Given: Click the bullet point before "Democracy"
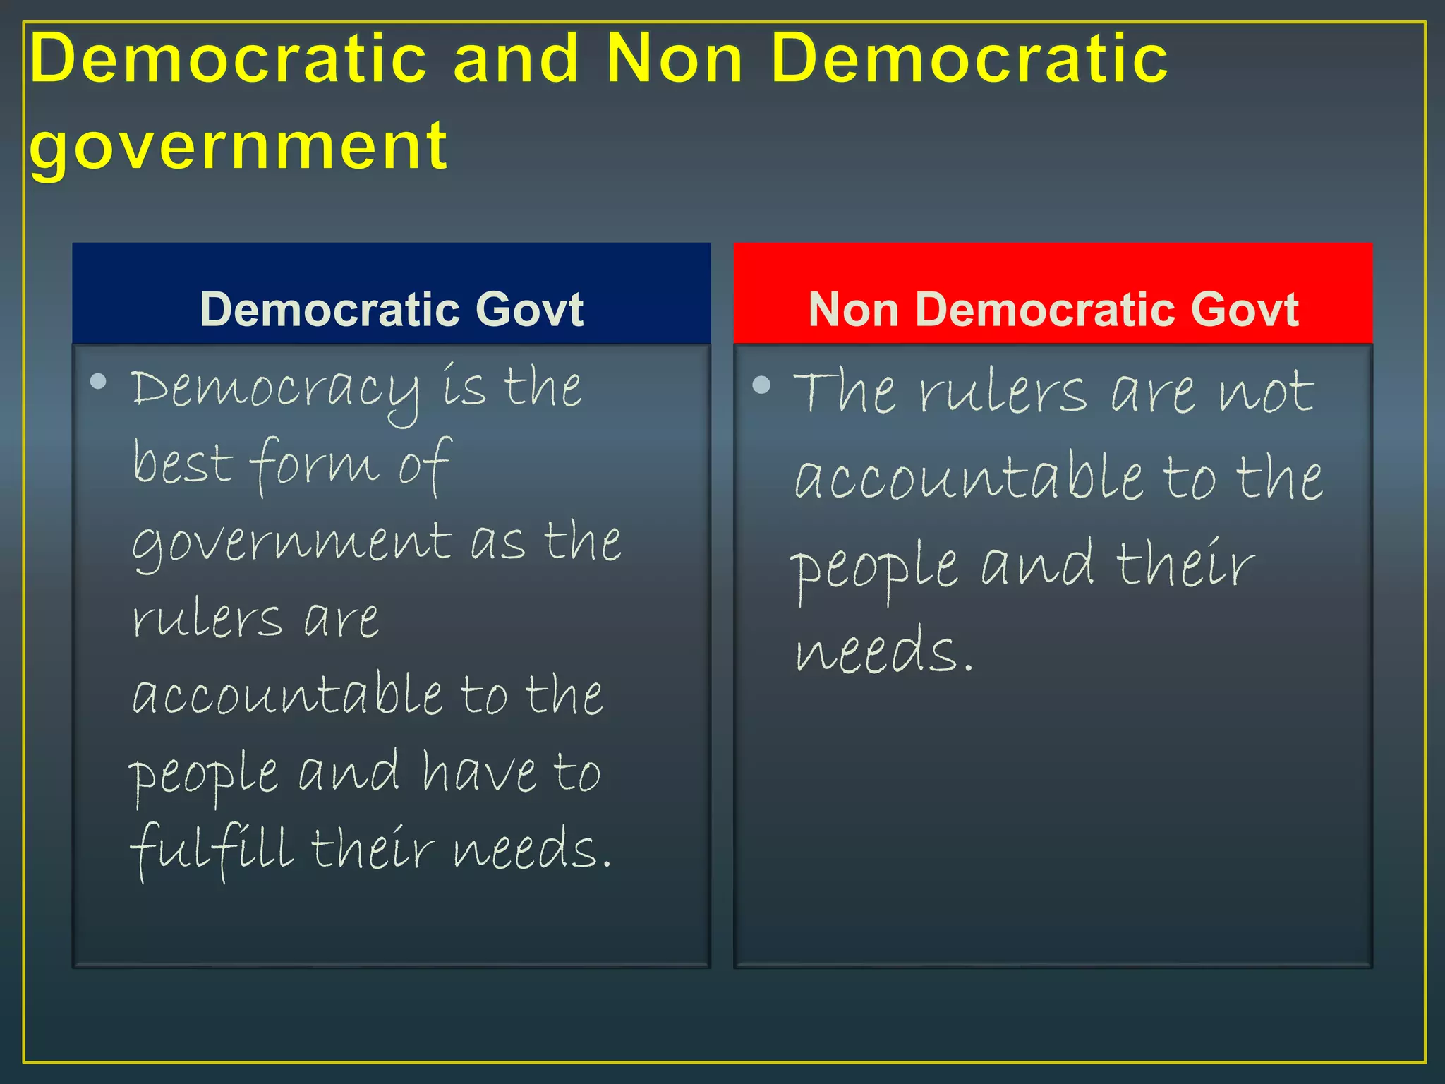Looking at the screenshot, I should click(x=99, y=382).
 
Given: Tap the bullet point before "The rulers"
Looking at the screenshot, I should click(x=761, y=385).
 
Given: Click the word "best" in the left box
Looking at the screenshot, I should click(x=183, y=464).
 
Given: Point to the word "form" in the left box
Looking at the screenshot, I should click(x=314, y=466).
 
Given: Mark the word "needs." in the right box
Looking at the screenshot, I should click(x=884, y=650).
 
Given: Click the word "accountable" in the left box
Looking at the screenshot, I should click(x=288, y=694).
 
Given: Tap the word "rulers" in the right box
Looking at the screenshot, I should click(x=1003, y=393).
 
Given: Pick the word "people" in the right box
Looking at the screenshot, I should click(x=874, y=568).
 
